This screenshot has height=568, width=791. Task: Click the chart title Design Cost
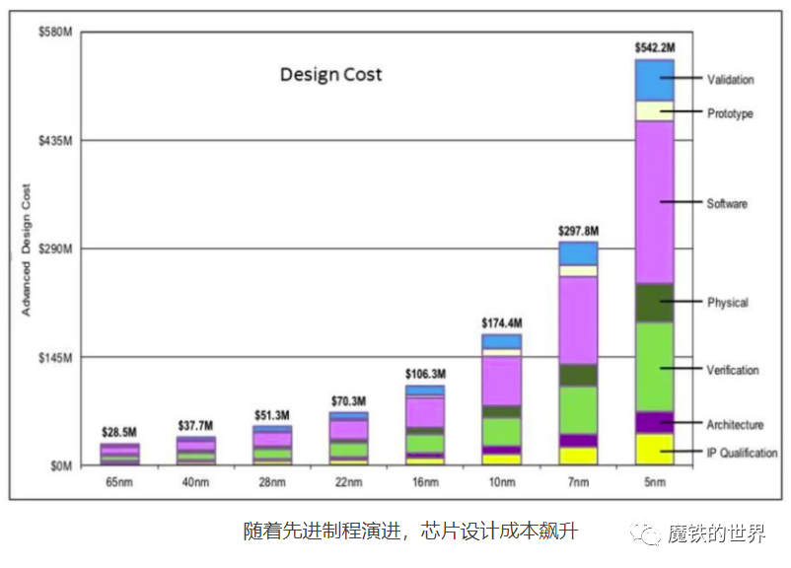pyautogui.click(x=330, y=75)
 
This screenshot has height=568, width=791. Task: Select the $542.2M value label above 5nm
pyautogui.click(x=655, y=46)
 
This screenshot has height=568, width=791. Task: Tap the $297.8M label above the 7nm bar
pyautogui.click(x=578, y=231)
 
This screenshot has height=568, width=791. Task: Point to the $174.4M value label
pyautogui.click(x=501, y=322)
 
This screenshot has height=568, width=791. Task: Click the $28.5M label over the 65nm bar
pyautogui.click(x=119, y=433)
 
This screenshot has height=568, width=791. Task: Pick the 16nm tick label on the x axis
pyautogui.click(x=424, y=482)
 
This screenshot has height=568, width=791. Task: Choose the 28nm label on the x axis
pyautogui.click(x=272, y=482)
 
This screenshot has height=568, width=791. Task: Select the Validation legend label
pyautogui.click(x=730, y=80)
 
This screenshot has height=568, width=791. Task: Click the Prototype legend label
pyautogui.click(x=730, y=114)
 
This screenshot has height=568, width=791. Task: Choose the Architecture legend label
pyautogui.click(x=735, y=425)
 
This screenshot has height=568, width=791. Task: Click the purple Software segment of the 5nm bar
pyautogui.click(x=654, y=202)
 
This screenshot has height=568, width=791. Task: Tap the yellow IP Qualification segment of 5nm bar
pyautogui.click(x=654, y=449)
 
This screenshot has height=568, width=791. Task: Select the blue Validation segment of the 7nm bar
pyautogui.click(x=578, y=253)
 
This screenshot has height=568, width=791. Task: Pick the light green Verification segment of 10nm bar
pyautogui.click(x=501, y=431)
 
